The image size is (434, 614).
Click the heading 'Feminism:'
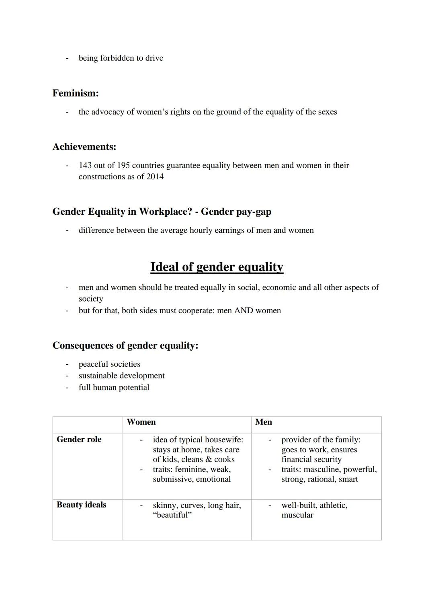tap(76, 93)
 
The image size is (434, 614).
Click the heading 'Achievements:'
tap(84, 147)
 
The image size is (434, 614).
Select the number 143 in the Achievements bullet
tap(85, 165)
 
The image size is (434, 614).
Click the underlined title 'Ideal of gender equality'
tap(217, 267)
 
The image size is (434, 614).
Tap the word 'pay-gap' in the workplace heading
tap(253, 212)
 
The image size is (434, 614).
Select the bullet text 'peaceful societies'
tap(109, 364)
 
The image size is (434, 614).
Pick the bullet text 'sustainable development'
tap(121, 376)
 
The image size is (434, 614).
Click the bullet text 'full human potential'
tap(114, 388)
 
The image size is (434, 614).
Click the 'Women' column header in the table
tap(141, 422)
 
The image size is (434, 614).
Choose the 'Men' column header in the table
tap(264, 422)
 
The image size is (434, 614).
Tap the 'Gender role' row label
tap(79, 439)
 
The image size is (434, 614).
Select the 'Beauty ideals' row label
tap(82, 505)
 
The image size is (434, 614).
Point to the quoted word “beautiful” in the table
tap(172, 515)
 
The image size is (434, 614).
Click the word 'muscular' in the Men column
tap(297, 515)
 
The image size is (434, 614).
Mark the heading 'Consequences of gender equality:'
tap(125, 346)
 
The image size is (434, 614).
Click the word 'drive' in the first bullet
tap(154, 58)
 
